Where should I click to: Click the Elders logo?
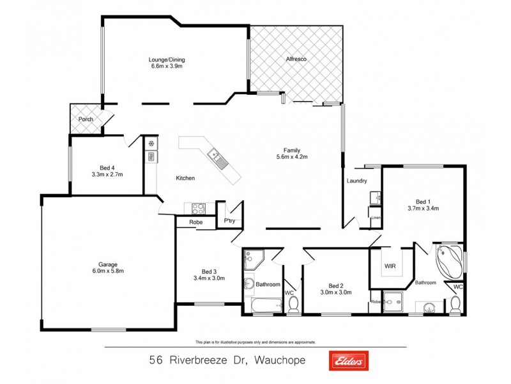point(348,361)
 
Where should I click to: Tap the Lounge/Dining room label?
point(167,60)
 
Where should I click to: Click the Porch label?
point(86,120)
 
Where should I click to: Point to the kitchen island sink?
point(213,154)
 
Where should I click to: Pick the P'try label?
point(229,221)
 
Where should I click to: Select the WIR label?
point(390,265)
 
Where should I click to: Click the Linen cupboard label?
point(376,218)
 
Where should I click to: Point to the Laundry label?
point(356,181)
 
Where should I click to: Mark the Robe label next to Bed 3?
point(195,222)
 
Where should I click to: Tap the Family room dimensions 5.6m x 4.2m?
point(292,157)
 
